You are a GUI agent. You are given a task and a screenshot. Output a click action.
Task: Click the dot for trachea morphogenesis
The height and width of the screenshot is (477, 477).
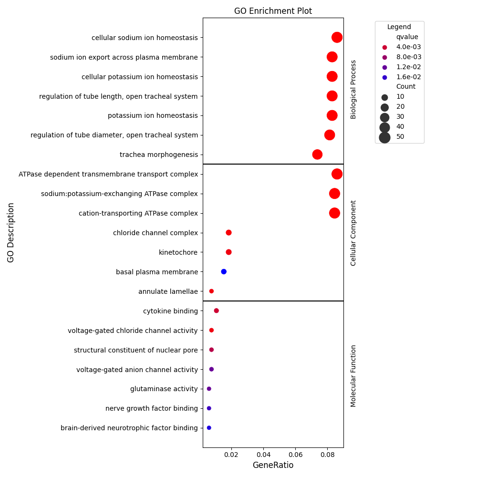coord(317,155)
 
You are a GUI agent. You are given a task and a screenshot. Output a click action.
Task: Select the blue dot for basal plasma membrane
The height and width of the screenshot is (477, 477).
coord(224,272)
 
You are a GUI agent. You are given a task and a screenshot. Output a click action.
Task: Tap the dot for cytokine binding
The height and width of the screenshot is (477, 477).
coord(217,311)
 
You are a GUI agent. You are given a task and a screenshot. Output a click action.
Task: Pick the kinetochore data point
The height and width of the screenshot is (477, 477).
coord(228,252)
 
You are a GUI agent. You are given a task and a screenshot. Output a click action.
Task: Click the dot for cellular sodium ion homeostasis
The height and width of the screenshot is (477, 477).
coord(337,37)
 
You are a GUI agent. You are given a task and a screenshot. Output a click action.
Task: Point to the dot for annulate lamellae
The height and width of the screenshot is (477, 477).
coord(211,291)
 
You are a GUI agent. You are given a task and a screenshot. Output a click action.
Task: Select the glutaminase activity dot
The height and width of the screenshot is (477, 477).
coord(209,389)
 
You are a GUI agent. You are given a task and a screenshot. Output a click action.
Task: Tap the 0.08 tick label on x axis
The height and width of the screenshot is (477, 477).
coord(327,455)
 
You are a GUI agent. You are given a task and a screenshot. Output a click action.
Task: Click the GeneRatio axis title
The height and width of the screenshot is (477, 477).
coord(273,465)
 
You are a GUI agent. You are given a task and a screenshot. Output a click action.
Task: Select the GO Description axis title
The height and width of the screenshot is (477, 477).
coord(11,232)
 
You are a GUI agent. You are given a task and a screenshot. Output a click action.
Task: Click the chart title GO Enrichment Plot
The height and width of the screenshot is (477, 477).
coord(273,11)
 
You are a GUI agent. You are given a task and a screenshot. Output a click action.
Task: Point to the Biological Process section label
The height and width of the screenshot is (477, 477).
coord(353,89)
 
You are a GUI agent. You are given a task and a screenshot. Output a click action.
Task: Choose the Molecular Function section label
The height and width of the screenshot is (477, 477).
coord(353,376)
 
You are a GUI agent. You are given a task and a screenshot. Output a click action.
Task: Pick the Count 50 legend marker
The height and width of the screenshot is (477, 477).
coord(384,137)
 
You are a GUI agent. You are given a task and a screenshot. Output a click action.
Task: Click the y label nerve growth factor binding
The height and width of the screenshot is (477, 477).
coord(151,409)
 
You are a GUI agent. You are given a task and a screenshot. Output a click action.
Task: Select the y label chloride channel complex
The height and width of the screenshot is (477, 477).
coord(155,233)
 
